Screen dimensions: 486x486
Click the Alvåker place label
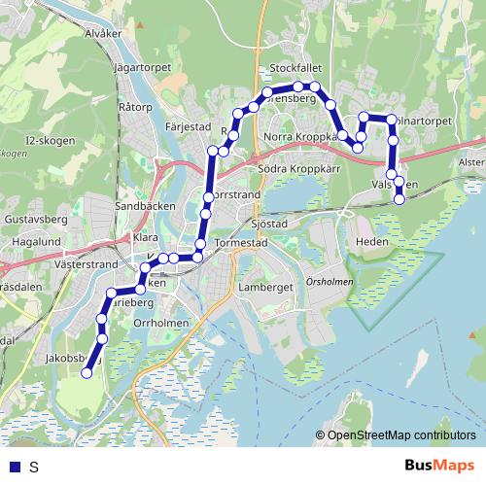103,33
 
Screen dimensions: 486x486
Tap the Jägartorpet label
142,67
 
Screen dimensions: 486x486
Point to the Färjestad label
189,126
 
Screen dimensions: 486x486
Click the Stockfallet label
295,68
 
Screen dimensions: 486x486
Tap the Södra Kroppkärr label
295,168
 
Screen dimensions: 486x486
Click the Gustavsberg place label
34,221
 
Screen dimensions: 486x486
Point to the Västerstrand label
86,263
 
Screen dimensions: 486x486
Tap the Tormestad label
239,243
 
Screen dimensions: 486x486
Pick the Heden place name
372,241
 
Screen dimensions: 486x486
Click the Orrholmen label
158,322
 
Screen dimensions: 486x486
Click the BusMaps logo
440,466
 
